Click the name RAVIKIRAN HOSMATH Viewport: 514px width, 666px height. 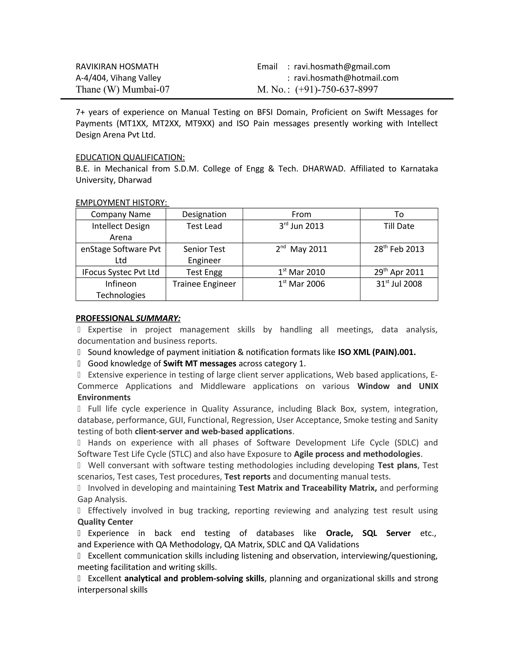117,67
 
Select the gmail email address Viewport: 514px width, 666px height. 342,67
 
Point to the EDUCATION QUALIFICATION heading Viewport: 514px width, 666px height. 130,157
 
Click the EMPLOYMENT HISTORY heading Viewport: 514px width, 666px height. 121,203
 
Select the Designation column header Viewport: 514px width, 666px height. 204,214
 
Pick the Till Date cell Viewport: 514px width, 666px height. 399,226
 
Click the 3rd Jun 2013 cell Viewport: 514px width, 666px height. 301,226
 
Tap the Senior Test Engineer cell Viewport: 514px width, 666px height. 204,255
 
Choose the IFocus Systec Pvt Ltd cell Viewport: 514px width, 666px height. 120,272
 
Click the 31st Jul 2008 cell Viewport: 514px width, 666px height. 399,284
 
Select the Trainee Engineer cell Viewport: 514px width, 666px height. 204,284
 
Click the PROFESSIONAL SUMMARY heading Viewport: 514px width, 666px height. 128,318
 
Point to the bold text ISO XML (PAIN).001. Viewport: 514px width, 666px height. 377,352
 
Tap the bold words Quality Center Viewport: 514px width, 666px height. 105,522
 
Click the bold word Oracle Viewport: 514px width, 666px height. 339,533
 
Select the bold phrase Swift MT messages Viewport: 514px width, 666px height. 200,363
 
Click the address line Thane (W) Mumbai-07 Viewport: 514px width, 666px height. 122,89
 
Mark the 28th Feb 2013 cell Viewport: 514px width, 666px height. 399,249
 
